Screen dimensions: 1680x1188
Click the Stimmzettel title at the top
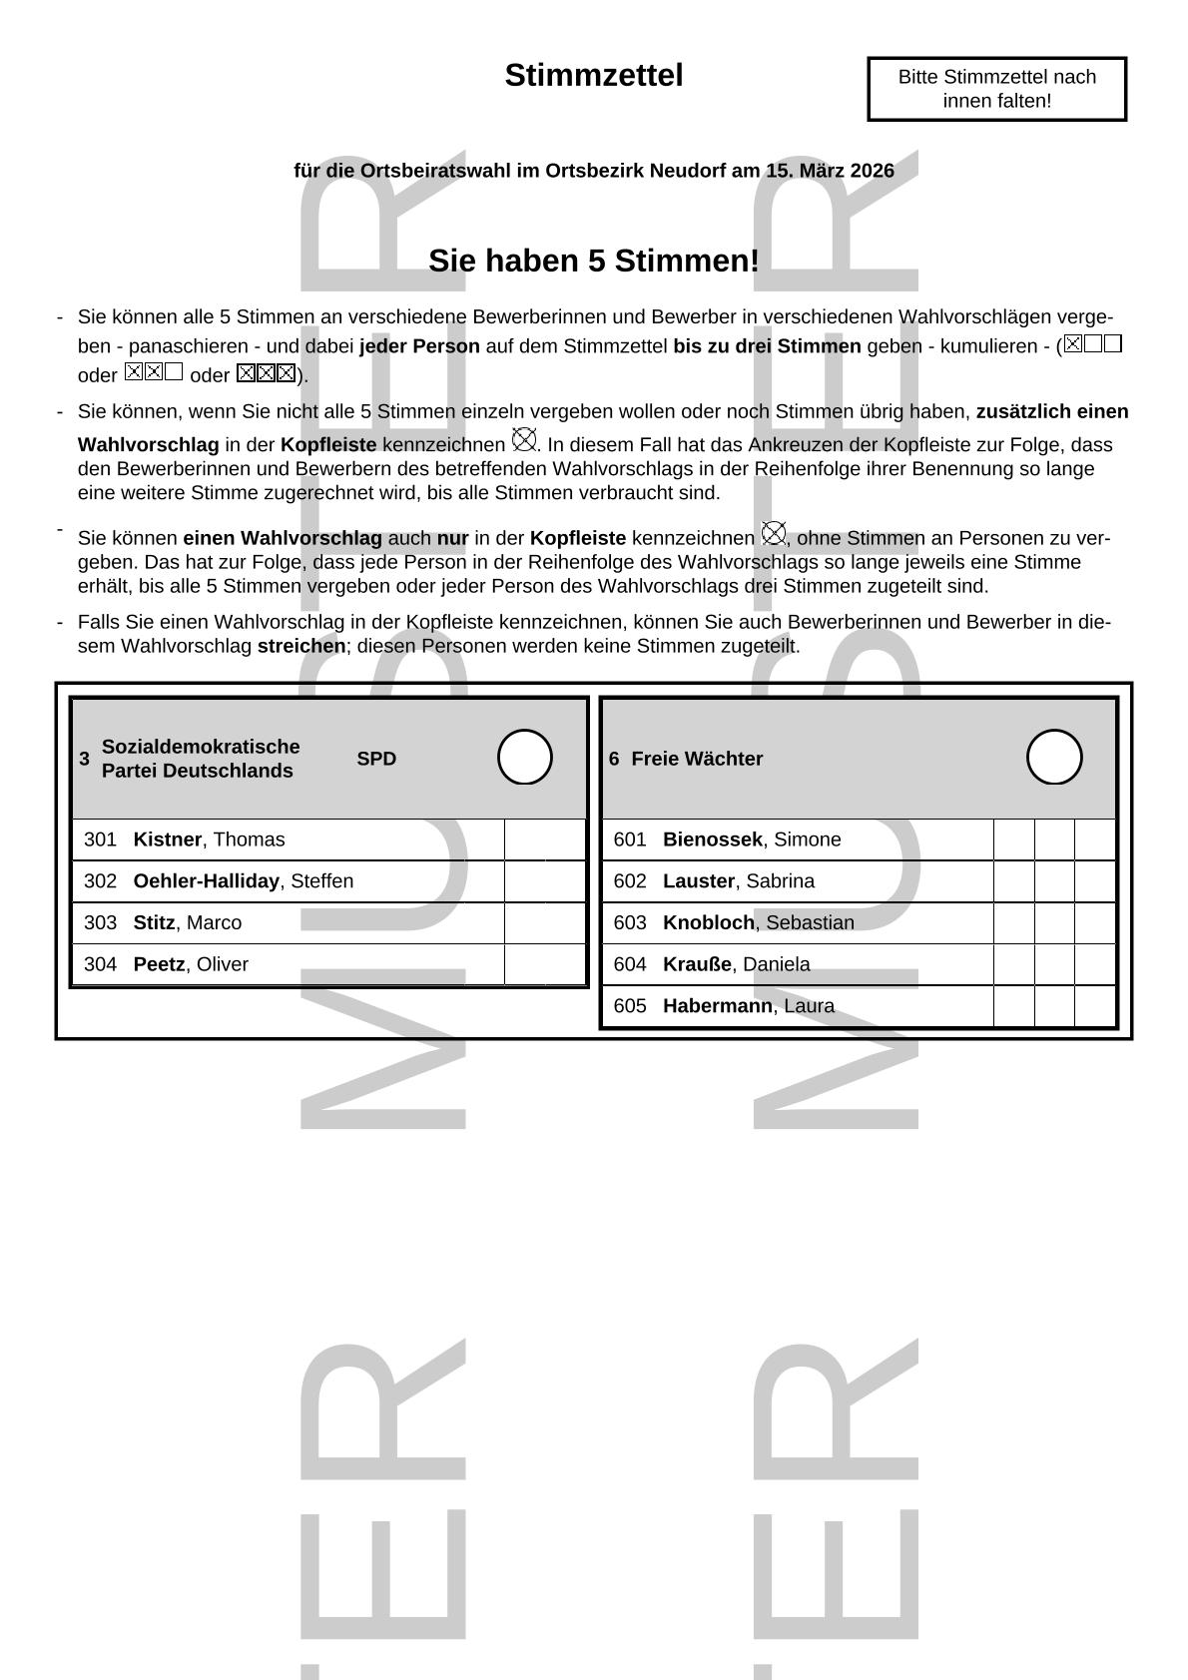[593, 76]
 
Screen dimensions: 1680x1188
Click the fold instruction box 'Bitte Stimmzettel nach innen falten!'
[996, 89]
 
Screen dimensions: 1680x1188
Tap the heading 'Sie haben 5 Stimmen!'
[593, 261]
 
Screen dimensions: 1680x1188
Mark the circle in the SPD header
[525, 757]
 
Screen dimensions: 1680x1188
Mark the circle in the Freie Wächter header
[1054, 757]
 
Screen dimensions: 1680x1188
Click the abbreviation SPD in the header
[376, 759]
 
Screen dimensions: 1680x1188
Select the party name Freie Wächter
[697, 759]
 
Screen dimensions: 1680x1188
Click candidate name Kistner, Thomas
[209, 840]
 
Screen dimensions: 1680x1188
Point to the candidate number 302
[100, 881]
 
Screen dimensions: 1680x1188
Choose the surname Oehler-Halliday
[206, 881]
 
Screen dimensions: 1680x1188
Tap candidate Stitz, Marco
[187, 922]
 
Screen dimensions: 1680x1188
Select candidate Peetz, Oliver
[191, 964]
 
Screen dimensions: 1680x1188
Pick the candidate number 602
[630, 881]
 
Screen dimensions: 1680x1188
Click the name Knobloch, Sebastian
[759, 922]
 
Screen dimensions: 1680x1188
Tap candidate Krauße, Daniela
[737, 964]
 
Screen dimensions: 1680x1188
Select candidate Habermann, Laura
[749, 1006]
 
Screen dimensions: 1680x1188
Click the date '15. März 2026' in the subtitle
[830, 171]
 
